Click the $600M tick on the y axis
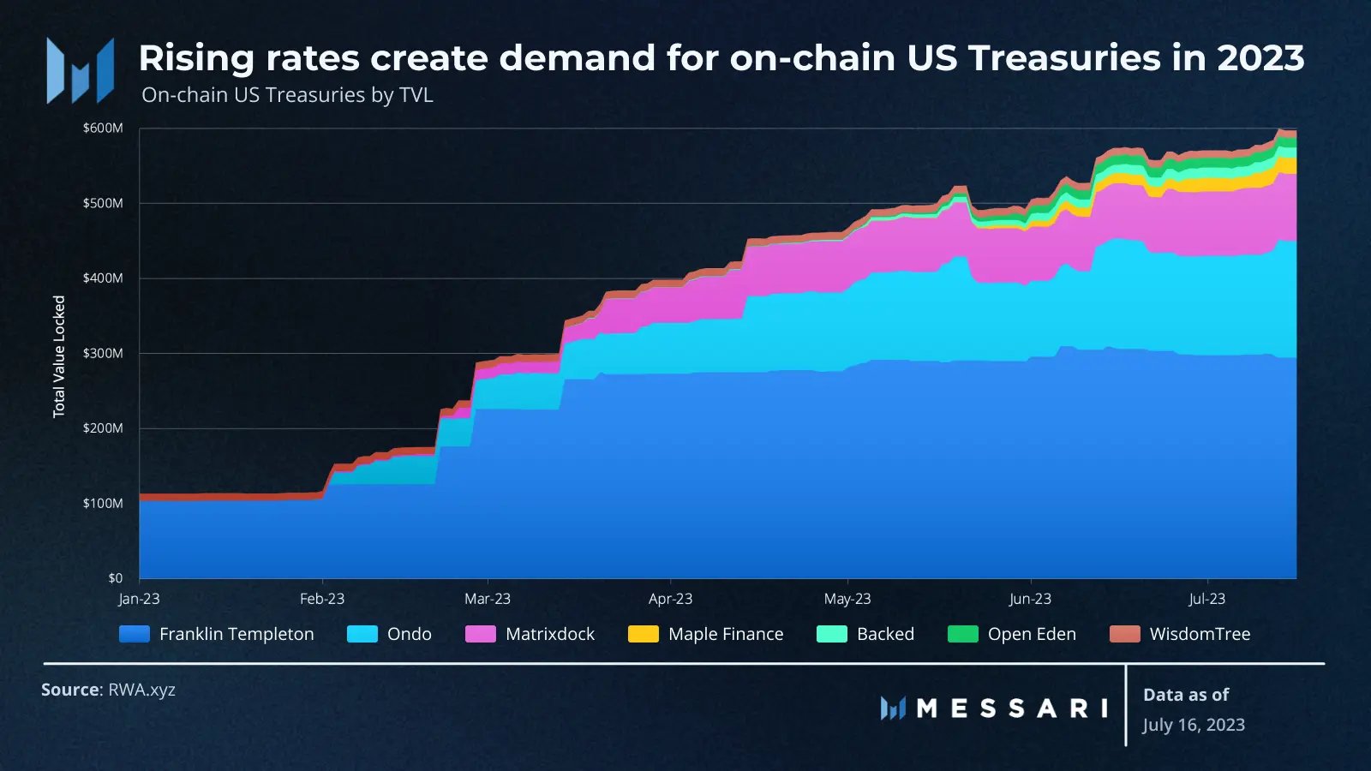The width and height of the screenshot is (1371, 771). pos(103,128)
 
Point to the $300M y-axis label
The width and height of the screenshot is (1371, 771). pos(103,353)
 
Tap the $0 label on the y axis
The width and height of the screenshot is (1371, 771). pos(115,578)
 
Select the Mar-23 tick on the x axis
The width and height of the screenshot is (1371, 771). pos(488,599)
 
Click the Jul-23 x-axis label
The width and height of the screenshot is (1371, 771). pos(1206,599)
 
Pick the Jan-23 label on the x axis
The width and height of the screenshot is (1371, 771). pos(139,599)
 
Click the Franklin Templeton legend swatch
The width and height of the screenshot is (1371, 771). pos(135,634)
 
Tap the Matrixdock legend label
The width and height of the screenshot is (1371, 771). pos(549,634)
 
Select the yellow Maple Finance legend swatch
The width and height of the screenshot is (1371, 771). pos(643,634)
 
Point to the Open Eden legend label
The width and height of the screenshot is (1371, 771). pos(1032,634)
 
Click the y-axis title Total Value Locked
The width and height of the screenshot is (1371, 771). pos(59,356)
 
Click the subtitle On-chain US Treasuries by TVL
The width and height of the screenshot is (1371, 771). pos(287,95)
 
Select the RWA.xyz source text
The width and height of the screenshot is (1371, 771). pos(141,690)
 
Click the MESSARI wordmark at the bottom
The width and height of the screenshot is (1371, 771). pos(1011,708)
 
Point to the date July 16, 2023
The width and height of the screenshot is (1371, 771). pos(1193,725)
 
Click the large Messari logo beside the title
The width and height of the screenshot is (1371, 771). pos(81,71)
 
